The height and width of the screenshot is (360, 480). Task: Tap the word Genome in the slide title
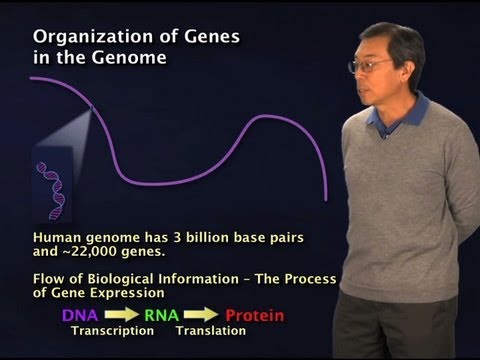[x=131, y=58]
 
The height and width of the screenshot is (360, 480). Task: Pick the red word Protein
[x=251, y=315]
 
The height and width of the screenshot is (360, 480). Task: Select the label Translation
[x=207, y=331]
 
